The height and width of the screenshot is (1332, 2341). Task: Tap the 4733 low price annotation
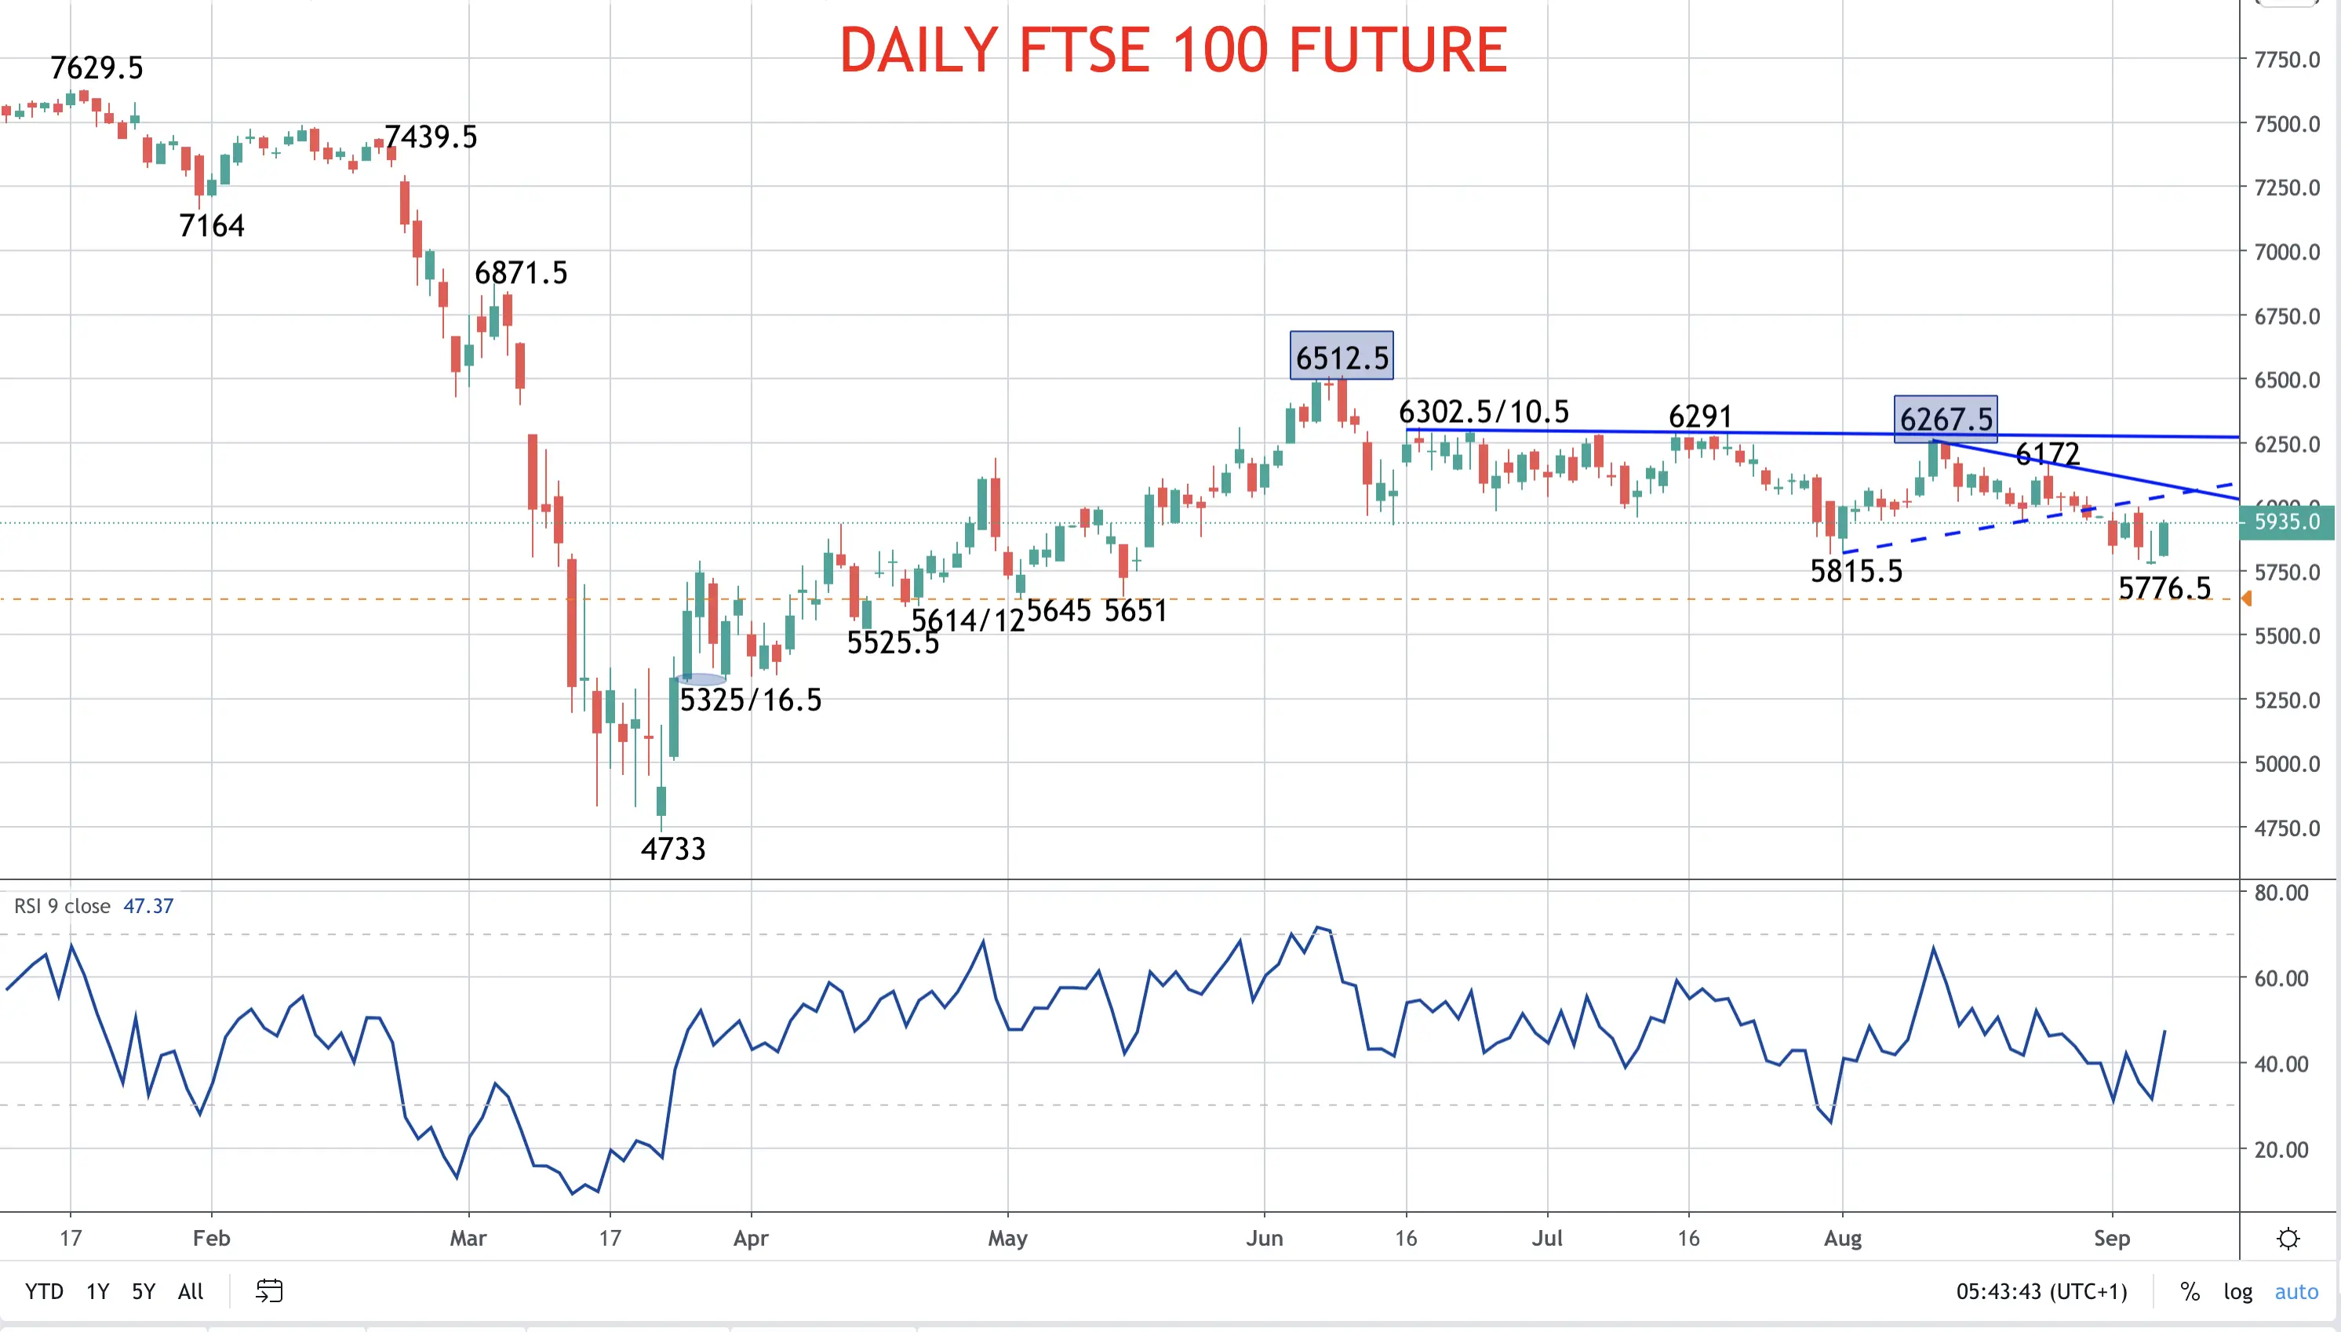tap(673, 849)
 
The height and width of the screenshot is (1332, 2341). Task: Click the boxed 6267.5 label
tap(1946, 419)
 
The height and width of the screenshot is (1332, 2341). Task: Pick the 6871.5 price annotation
tap(520, 273)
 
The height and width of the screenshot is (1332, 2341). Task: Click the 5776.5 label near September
tap(2164, 588)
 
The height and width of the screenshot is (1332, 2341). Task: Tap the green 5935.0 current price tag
tap(2288, 522)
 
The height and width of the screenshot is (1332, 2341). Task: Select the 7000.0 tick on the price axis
tap(2287, 252)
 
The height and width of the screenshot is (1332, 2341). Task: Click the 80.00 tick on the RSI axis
tap(2281, 893)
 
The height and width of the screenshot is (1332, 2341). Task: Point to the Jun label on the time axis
tap(1265, 1238)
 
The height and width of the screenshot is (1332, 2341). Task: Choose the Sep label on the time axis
tap(2112, 1238)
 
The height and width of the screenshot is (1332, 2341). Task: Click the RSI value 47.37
tap(148, 906)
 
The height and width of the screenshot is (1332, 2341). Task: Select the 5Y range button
tap(144, 1292)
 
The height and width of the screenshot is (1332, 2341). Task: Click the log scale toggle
tap(2237, 1292)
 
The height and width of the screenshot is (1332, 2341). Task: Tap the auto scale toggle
tap(2296, 1292)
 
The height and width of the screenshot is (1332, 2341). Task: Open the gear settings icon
tap(2288, 1239)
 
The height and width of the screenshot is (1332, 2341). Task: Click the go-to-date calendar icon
tap(269, 1291)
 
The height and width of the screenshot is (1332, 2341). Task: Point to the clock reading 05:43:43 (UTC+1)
tap(2042, 1292)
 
